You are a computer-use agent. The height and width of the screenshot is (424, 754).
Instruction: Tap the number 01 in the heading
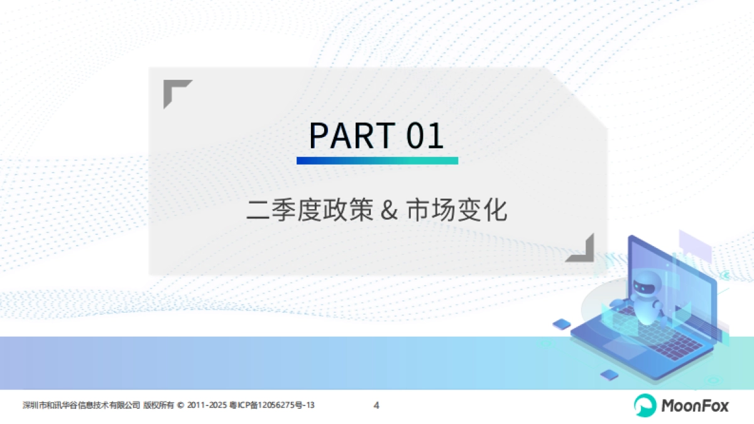425,135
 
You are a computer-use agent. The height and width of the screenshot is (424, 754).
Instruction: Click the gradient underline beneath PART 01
377,161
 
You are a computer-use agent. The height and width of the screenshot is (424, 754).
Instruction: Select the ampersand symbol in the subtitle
390,210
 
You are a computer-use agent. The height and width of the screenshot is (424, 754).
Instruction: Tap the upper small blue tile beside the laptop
560,324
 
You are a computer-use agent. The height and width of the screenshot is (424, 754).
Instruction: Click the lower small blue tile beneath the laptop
608,375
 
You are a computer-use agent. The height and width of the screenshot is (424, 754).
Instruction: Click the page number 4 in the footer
376,405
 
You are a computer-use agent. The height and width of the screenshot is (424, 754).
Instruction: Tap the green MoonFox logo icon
644,405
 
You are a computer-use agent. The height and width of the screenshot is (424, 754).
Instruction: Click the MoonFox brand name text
695,406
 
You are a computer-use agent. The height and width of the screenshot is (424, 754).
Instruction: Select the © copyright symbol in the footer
182,405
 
